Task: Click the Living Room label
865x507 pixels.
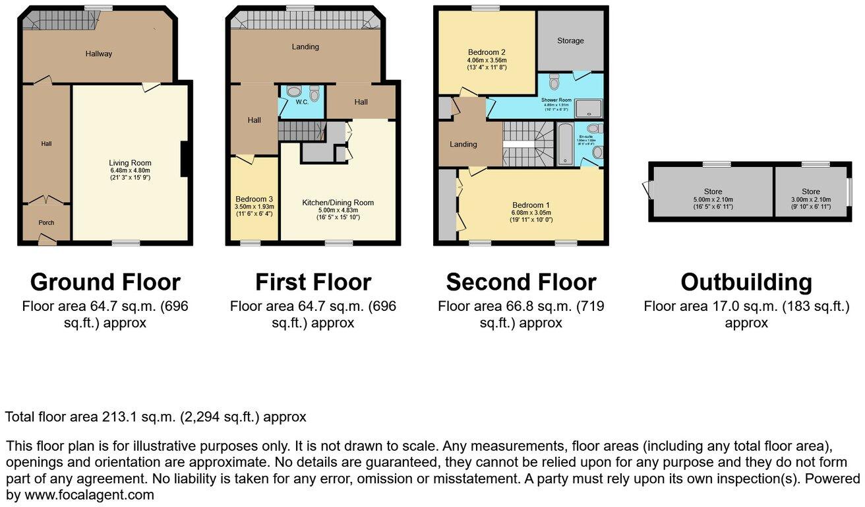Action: click(130, 163)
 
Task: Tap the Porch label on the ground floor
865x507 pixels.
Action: click(46, 222)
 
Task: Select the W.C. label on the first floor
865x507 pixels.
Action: click(302, 102)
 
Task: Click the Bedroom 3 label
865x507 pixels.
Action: click(254, 199)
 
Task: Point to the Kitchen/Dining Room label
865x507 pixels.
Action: click(338, 203)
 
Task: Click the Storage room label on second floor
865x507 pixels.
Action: click(570, 41)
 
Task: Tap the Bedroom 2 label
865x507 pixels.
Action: click(487, 52)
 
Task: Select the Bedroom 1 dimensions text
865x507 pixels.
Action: click(531, 216)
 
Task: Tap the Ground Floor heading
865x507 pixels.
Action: click(105, 282)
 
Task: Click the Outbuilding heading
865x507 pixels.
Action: click(746, 282)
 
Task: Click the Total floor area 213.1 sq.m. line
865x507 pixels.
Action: click(156, 417)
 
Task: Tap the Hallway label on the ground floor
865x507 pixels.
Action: click(98, 54)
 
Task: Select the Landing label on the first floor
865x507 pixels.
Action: click(305, 47)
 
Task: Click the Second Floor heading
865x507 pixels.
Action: click(521, 282)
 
